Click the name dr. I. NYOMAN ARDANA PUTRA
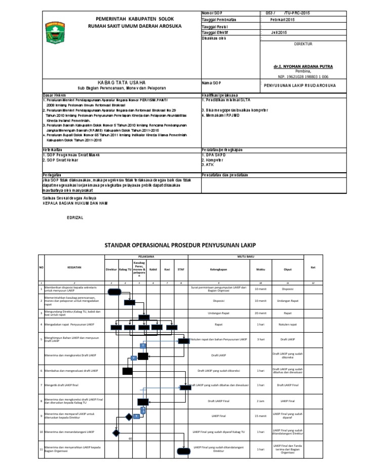pos(303,66)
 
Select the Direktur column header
pos(111,269)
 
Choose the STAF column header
pos(181,269)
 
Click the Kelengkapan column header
pos(218,269)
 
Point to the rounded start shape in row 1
pos(114,291)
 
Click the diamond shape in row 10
pos(116,433)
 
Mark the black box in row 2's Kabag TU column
pos(130,302)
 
